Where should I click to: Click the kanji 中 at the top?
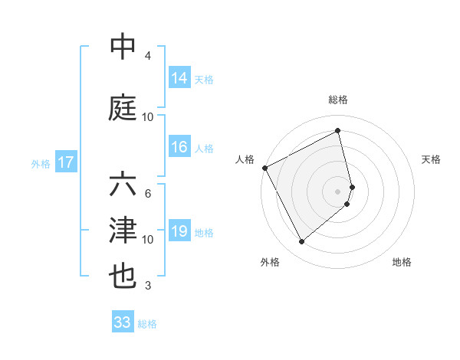point(123,47)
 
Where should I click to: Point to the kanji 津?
point(123,231)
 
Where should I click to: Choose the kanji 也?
point(123,276)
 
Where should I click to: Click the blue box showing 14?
point(179,78)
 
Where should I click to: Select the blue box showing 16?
point(179,148)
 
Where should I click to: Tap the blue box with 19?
point(179,232)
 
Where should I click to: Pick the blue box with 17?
point(65,162)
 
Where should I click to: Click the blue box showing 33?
point(123,322)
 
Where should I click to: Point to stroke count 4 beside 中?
point(148,56)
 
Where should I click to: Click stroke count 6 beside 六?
point(148,194)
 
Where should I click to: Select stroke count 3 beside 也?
point(148,286)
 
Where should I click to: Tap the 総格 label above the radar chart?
point(338,100)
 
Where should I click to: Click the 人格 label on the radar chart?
point(245,159)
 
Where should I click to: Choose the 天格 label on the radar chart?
point(432,159)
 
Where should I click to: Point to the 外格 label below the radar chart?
point(270,262)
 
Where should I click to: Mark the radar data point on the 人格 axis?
point(264,168)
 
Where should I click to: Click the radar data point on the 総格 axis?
point(338,131)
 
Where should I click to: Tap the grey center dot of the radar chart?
point(338,191)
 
